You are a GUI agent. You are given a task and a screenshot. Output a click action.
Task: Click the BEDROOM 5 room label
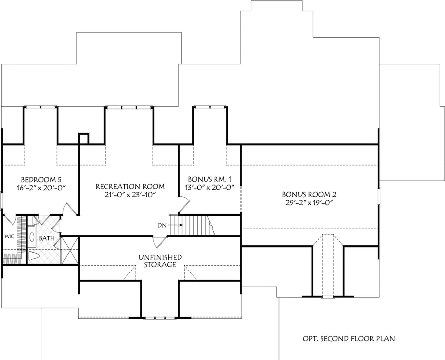[41, 180]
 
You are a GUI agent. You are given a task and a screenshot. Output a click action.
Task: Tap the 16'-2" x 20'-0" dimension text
[41, 187]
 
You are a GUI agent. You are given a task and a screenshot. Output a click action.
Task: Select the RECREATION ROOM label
[130, 187]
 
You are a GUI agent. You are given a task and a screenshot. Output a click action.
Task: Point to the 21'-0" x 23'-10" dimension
[130, 194]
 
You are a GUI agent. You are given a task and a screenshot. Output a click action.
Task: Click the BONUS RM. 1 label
[210, 180]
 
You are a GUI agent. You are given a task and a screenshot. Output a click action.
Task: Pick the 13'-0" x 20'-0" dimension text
[210, 187]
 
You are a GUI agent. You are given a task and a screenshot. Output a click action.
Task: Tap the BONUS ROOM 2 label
[309, 195]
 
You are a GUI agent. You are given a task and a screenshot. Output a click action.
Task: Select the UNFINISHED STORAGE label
[160, 261]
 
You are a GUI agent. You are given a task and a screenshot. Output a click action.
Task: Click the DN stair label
[162, 225]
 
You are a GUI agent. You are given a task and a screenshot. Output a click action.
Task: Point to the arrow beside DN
[176, 225]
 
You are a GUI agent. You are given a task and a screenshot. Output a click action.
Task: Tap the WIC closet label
[10, 236]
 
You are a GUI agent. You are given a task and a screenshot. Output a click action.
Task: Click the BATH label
[47, 238]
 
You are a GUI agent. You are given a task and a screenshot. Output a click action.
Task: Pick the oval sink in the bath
[32, 237]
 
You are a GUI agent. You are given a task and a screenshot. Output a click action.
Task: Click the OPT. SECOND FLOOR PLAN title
[349, 338]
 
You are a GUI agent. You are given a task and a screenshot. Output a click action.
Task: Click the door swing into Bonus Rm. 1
[184, 205]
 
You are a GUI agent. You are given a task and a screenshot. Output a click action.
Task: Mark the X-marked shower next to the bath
[70, 251]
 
